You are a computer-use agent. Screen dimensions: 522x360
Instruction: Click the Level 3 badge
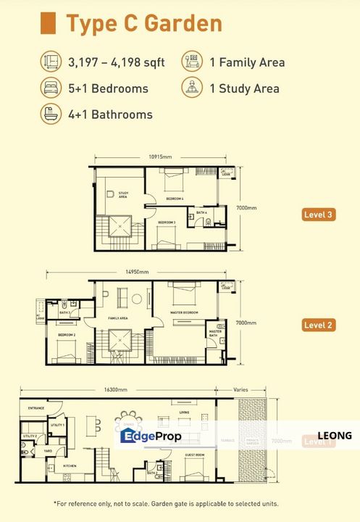[x=319, y=214]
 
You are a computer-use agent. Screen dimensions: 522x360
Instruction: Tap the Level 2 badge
[x=319, y=325]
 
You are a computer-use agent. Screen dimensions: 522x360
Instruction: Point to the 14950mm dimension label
[x=137, y=272]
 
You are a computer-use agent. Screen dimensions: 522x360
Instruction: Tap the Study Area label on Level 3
[x=123, y=194]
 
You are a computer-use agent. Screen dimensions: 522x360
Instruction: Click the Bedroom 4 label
[x=174, y=198]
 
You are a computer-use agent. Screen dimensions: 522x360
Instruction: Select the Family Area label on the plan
[x=118, y=318]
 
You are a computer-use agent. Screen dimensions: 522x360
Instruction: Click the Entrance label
[x=36, y=409]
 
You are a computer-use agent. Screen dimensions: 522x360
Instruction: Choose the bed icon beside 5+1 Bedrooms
[x=50, y=88]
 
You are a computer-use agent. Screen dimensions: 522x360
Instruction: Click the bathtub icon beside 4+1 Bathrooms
[x=50, y=115]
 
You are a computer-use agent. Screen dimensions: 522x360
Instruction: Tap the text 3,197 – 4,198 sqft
[x=117, y=62]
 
